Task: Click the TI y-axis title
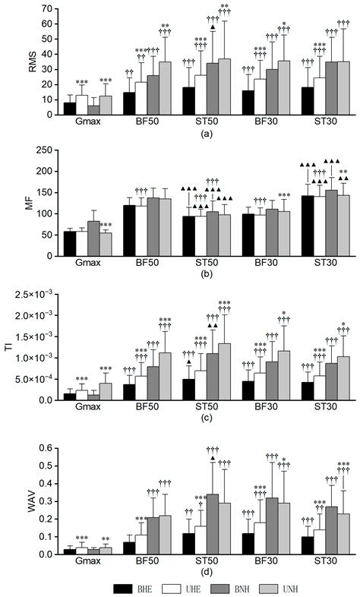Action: click(x=11, y=347)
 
